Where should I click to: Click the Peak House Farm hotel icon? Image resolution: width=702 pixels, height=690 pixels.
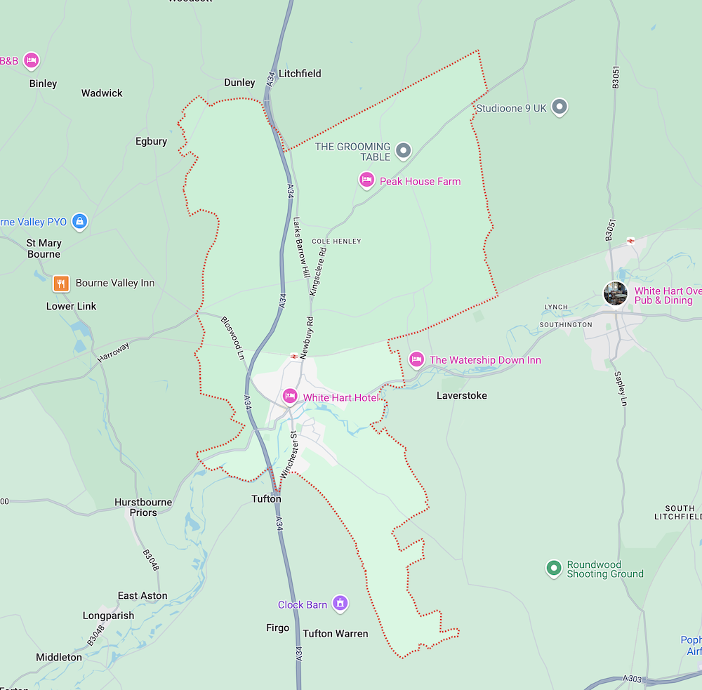(366, 180)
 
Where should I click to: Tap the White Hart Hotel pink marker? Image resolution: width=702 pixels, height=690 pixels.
(289, 397)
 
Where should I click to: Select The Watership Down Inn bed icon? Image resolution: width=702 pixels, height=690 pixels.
(416, 359)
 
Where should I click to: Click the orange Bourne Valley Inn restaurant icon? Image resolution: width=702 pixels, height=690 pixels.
(62, 283)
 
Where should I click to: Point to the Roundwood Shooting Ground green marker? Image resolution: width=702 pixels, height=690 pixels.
(554, 568)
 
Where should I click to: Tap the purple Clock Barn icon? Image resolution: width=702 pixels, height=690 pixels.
(340, 603)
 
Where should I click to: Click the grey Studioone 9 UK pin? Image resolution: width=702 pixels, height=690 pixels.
(559, 107)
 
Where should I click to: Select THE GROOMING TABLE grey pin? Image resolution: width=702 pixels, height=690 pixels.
(403, 150)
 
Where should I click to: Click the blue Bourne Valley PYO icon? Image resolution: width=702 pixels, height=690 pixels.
(79, 222)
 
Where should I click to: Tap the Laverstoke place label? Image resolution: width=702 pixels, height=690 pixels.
(461, 395)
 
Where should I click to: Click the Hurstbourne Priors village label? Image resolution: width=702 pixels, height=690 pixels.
(143, 507)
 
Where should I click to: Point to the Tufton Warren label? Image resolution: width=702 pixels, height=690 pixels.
(335, 633)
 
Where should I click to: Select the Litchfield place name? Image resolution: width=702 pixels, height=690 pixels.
(300, 73)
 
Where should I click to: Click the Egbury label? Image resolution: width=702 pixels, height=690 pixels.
(151, 141)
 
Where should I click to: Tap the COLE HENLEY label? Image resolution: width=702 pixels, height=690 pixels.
(336, 241)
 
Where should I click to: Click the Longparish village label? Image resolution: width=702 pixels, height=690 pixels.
(108, 616)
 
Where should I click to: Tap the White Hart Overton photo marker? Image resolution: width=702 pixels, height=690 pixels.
(616, 293)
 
